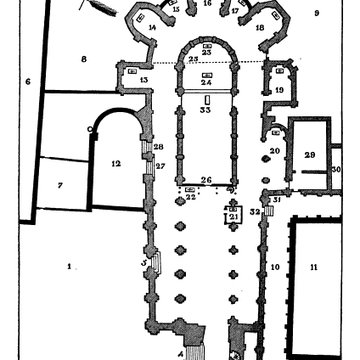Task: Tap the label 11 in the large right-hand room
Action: [313, 266]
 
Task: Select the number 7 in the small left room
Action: [60, 186]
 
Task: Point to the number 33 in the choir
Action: [205, 111]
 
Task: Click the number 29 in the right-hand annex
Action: [310, 154]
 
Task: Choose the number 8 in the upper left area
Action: [84, 60]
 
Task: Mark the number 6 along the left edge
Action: [28, 82]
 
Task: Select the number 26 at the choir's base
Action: [205, 180]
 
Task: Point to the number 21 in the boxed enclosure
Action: [232, 216]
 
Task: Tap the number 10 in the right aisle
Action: [275, 267]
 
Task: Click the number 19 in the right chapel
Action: [278, 90]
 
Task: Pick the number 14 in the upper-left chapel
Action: [152, 28]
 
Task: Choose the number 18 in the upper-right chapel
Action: [260, 28]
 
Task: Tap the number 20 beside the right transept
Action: [274, 151]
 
